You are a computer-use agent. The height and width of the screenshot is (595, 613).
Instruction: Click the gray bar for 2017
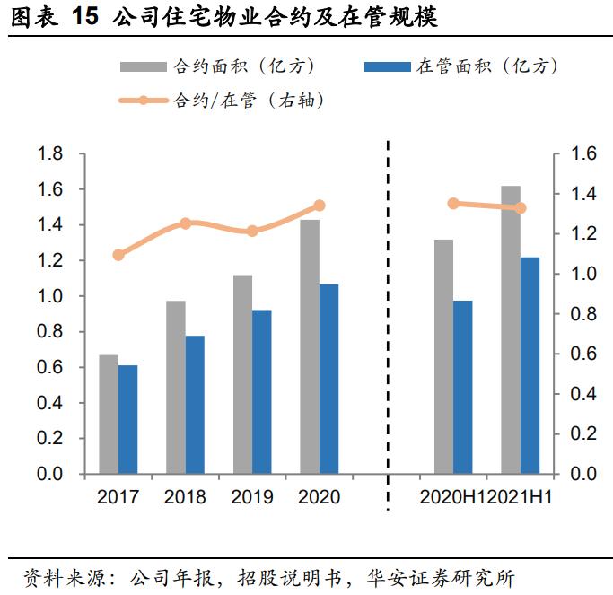point(109,414)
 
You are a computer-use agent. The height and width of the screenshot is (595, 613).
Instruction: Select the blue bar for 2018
point(195,405)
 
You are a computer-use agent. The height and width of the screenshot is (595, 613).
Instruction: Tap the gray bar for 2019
point(242,374)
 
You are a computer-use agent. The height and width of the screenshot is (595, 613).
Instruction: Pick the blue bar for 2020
point(328,379)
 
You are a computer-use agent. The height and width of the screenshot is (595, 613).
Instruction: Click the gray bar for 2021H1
point(511,329)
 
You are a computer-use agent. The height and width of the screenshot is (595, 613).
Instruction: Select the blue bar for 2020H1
point(463,387)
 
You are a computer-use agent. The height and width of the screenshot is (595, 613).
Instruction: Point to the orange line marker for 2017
point(118,255)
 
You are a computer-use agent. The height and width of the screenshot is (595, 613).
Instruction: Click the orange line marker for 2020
point(319,206)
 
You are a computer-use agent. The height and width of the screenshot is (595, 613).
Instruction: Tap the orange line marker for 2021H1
point(521,208)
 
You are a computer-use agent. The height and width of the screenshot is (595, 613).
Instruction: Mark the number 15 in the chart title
point(84,18)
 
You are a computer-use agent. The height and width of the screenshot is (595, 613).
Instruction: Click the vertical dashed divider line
point(389,323)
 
